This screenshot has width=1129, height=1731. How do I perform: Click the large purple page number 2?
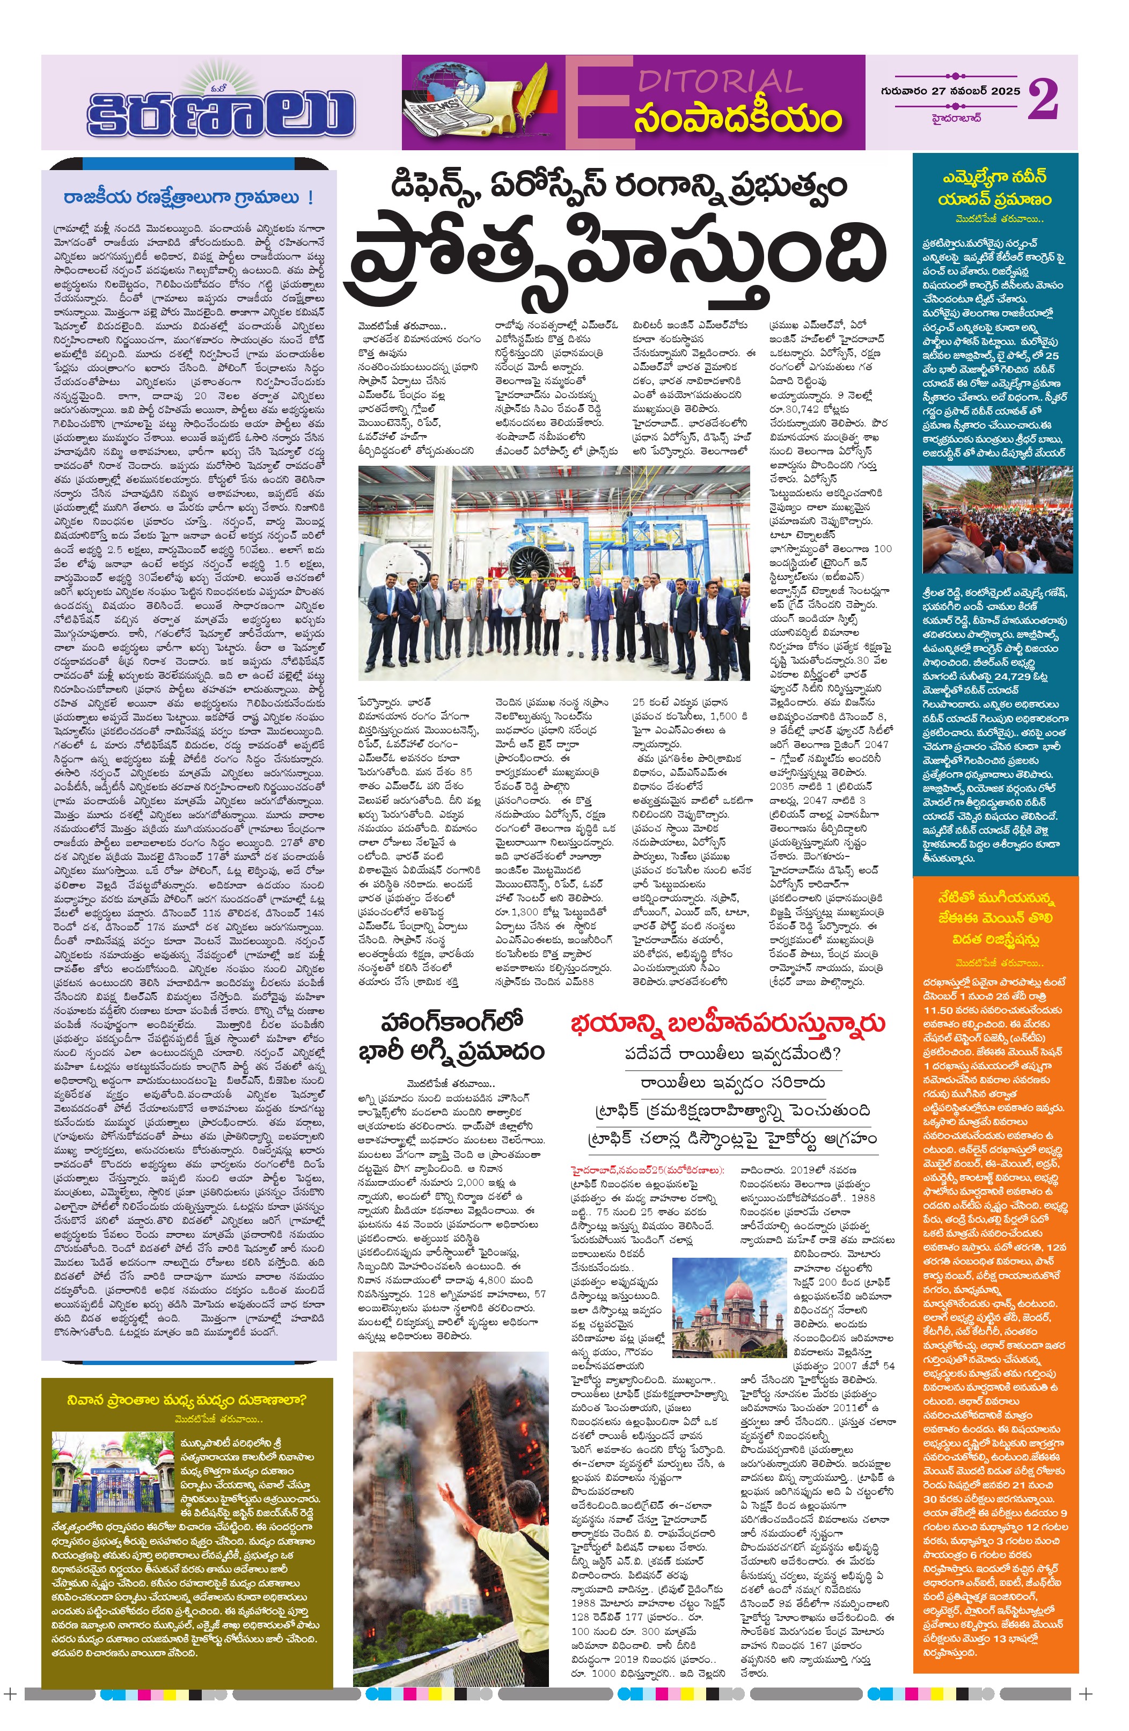coord(1043,100)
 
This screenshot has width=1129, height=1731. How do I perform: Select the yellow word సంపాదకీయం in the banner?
coord(737,119)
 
